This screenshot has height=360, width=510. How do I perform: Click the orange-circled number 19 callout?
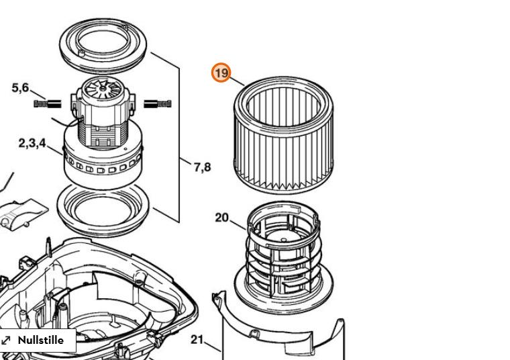pos(221,73)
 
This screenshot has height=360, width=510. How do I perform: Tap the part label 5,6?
pos(20,88)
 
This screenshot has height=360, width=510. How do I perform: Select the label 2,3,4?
pos(32,143)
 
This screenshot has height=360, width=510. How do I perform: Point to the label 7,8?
pos(202,166)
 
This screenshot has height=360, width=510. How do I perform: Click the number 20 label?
pos(222,218)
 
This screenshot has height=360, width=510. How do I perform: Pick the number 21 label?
pos(197,340)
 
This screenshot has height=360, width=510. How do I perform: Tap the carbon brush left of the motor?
pos(47,103)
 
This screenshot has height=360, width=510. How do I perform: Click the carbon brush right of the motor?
pos(158,103)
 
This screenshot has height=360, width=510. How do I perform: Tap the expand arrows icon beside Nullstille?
pos(7,341)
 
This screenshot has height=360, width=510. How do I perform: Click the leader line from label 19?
pos(236,81)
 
